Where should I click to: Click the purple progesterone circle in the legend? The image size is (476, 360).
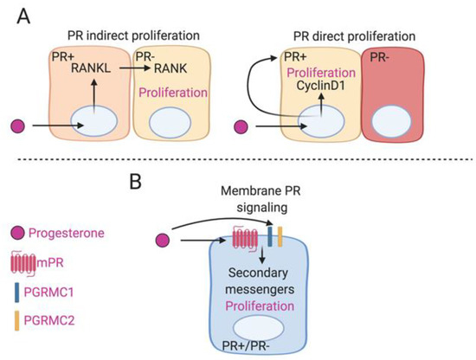(19, 234)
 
